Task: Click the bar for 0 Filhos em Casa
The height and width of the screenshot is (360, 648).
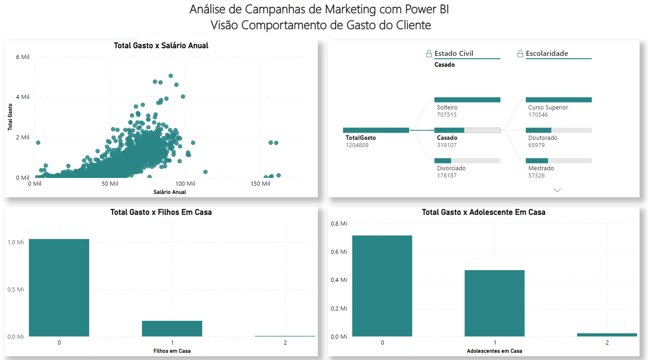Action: pos(59,287)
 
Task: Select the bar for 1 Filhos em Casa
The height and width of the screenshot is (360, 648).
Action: pos(172,329)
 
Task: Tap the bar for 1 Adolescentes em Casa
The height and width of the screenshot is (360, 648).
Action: pos(495,303)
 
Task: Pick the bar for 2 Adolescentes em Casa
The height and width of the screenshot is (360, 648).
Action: pos(607,335)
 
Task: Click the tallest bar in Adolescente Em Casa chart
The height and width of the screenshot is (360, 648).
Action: pos(382,286)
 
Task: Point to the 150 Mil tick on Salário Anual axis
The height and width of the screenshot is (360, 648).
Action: pos(260,183)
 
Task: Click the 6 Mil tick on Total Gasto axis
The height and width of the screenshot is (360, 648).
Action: pos(23,57)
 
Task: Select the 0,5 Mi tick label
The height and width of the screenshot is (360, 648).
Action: pos(15,290)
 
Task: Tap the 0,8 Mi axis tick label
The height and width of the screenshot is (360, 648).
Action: pos(339,223)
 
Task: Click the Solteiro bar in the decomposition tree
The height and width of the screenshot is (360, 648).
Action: pos(467,100)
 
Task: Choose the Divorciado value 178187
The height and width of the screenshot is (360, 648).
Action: pos(447,176)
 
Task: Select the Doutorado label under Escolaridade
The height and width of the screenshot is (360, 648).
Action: pos(543,138)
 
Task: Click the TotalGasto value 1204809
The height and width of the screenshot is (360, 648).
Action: pos(357,145)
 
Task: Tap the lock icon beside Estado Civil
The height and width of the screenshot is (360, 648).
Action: pos(429,54)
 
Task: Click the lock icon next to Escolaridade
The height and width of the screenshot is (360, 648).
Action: pos(520,54)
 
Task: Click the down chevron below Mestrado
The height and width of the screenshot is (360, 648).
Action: pos(557,190)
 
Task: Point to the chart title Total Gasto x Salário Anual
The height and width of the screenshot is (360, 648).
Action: pos(161,45)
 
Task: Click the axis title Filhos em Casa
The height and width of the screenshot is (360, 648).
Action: pos(172,351)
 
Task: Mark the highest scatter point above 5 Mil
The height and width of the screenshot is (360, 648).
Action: pos(171,76)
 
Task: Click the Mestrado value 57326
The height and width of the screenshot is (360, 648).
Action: pos(536,176)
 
